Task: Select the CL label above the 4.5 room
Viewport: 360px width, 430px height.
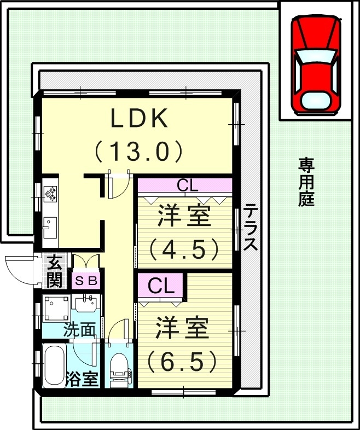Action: [x=187, y=185]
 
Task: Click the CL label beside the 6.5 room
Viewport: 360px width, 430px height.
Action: [x=161, y=285]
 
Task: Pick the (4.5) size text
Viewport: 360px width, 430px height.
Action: [x=184, y=249]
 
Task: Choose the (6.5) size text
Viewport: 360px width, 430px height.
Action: [x=183, y=360]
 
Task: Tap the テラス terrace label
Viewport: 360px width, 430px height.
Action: [x=251, y=227]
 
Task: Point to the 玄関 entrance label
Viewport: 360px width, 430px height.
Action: [x=54, y=271]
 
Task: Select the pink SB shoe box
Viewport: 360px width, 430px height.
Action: [x=86, y=281]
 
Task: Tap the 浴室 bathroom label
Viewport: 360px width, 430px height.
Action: [x=82, y=379]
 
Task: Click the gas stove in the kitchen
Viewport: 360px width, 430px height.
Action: [x=50, y=193]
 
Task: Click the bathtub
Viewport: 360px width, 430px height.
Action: [x=54, y=365]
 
